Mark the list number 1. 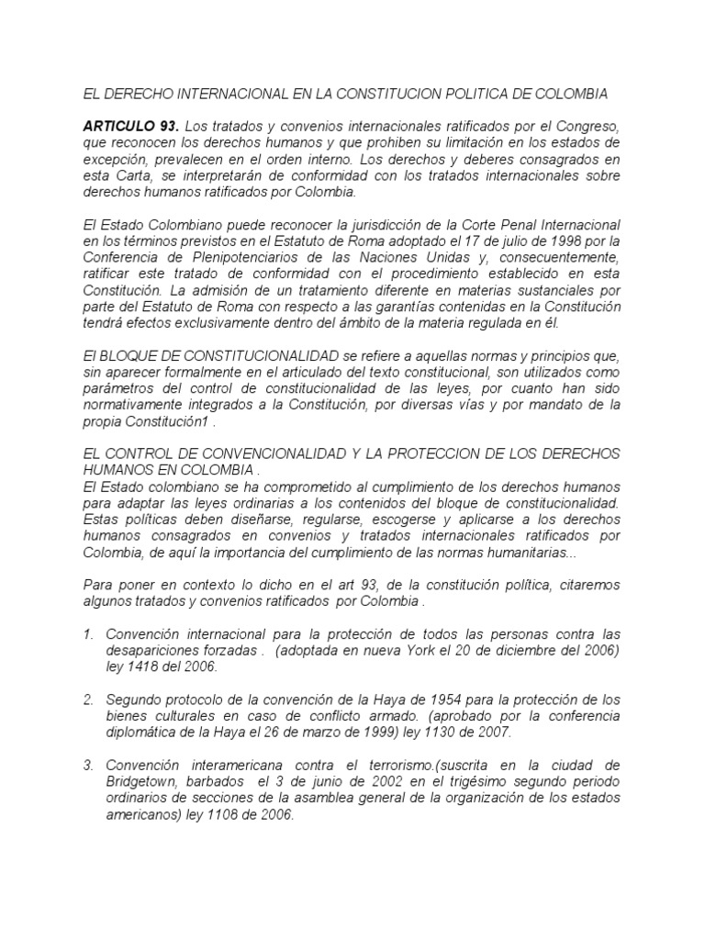[x=88, y=634]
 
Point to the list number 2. [x=88, y=699]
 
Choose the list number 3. [x=88, y=765]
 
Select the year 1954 [x=425, y=699]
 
